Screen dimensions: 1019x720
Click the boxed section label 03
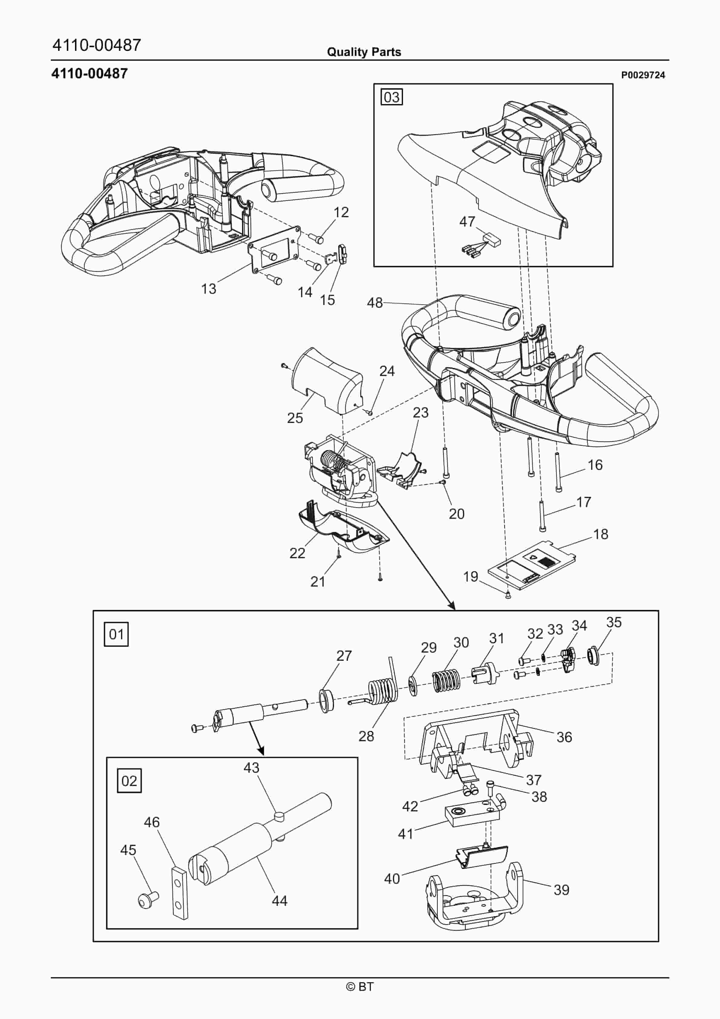click(x=391, y=97)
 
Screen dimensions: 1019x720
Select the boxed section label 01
click(x=116, y=634)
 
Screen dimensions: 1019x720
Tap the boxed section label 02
click(x=129, y=781)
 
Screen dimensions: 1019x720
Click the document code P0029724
click(x=643, y=75)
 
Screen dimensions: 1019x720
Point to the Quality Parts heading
click(x=364, y=52)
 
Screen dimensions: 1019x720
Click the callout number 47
click(x=467, y=221)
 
